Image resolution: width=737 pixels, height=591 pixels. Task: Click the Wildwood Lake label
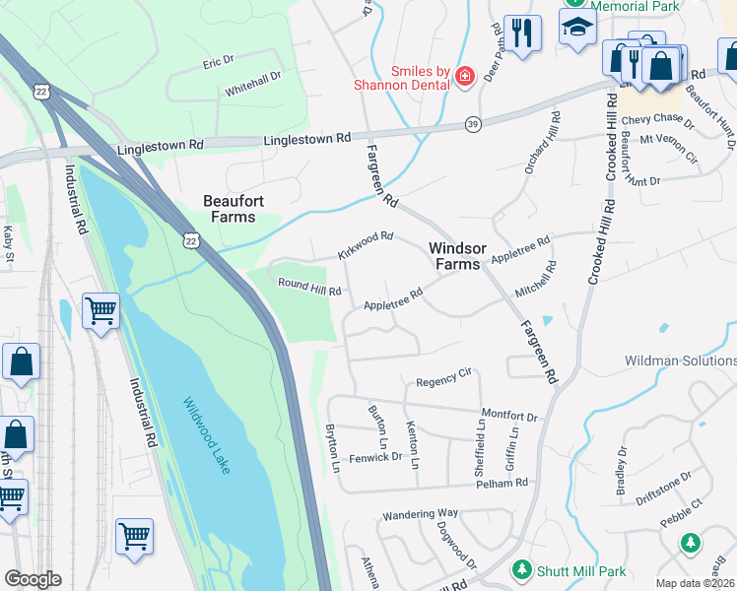tap(206, 435)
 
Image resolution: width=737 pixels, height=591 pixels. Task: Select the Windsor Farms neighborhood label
tap(454, 256)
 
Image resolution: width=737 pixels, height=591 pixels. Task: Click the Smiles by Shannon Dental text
tap(406, 78)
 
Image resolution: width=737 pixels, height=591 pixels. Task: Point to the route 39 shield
tap(473, 124)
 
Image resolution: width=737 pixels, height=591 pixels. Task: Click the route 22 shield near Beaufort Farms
tap(190, 238)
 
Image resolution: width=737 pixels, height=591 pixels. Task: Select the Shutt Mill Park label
tap(581, 570)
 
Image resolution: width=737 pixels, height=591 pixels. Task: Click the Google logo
tap(33, 579)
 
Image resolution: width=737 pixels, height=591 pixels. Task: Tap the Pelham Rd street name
tap(502, 483)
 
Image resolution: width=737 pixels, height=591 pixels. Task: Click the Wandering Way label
tap(421, 513)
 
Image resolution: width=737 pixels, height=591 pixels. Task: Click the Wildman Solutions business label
tap(680, 361)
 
